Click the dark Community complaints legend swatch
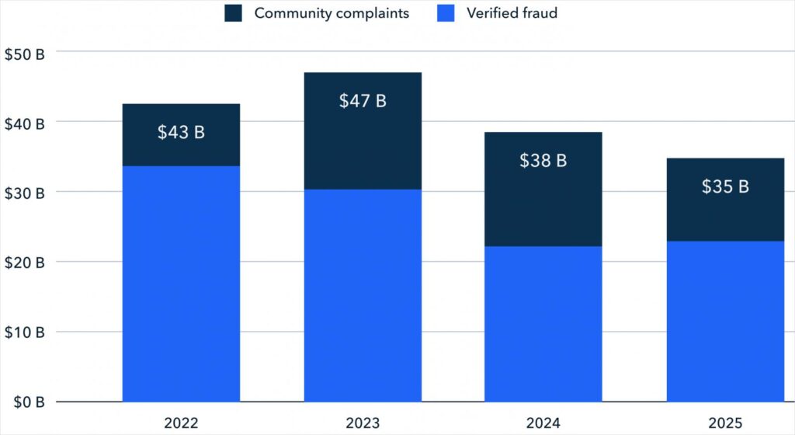(234, 13)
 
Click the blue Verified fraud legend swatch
(446, 13)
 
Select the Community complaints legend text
(332, 13)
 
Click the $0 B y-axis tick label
(26, 402)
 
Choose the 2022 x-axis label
(181, 423)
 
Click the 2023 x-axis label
(363, 423)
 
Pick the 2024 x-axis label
(543, 423)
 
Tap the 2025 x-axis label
(725, 423)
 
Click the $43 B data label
(181, 132)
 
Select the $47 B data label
(363, 101)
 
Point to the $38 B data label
(543, 161)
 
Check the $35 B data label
(725, 186)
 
